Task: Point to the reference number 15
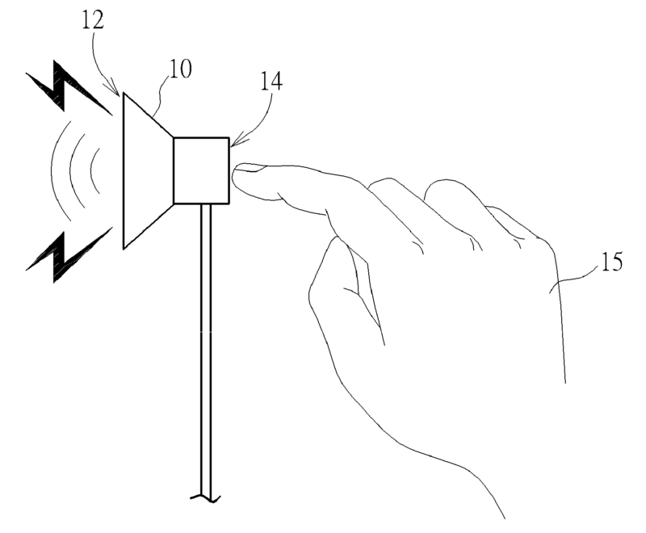pos(611,264)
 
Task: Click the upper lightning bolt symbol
pos(69,88)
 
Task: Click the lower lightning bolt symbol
pos(69,254)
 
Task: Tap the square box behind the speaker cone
pos(202,170)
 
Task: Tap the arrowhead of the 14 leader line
pos(233,144)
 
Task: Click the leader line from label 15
pos(574,279)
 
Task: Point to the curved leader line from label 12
pos(105,61)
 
